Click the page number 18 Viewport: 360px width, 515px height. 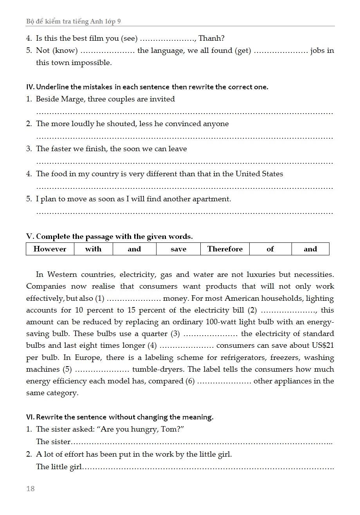[x=31, y=488]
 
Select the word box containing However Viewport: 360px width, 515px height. [x=50, y=249]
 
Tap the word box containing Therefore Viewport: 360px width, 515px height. [x=225, y=249]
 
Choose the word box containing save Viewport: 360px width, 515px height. [x=178, y=249]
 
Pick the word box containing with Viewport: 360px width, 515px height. [x=93, y=249]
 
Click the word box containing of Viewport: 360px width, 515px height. [x=270, y=249]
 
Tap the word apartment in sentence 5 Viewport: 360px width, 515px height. [x=213, y=199]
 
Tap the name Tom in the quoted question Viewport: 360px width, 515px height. [x=169, y=429]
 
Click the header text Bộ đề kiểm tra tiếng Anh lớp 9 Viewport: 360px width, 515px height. [x=73, y=22]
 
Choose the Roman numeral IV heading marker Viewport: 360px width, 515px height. [x=30, y=87]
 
